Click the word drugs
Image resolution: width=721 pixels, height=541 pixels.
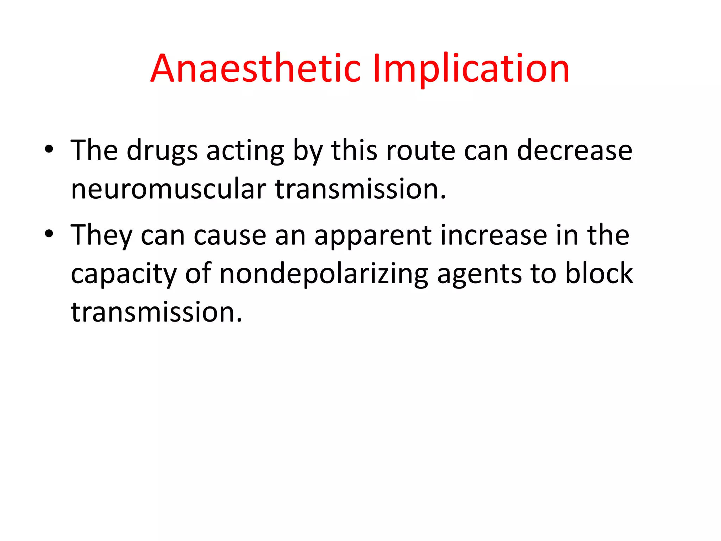pyautogui.click(x=162, y=151)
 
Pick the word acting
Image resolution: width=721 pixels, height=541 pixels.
pyautogui.click(x=245, y=151)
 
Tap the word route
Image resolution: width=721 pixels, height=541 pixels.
pyautogui.click(x=420, y=151)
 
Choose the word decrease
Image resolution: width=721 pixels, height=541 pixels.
pyautogui.click(x=574, y=151)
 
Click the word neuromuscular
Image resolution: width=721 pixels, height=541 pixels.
pyautogui.click(x=168, y=189)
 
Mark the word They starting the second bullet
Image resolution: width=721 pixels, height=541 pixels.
pyautogui.click(x=101, y=235)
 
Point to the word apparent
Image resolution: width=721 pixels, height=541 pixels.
pyautogui.click(x=372, y=235)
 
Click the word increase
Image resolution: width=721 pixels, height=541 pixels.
pyautogui.click(x=494, y=235)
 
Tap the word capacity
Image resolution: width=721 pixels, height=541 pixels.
pyautogui.click(x=124, y=274)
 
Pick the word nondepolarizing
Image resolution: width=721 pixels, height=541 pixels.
pyautogui.click(x=324, y=274)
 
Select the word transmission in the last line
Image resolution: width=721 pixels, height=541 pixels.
pyautogui.click(x=156, y=312)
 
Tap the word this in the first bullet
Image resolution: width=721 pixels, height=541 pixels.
pyautogui.click(x=354, y=151)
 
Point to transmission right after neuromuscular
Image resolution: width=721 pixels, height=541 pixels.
pyautogui.click(x=360, y=189)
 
